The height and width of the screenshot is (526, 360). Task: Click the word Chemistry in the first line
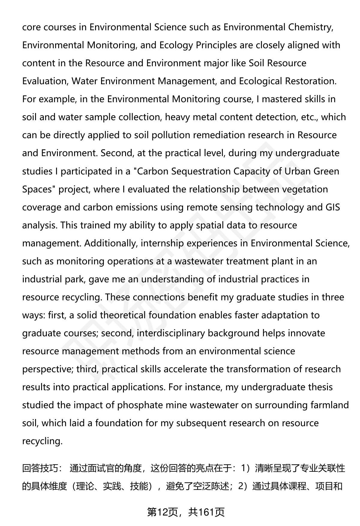point(310,27)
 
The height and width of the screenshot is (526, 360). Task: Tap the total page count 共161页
point(206,512)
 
